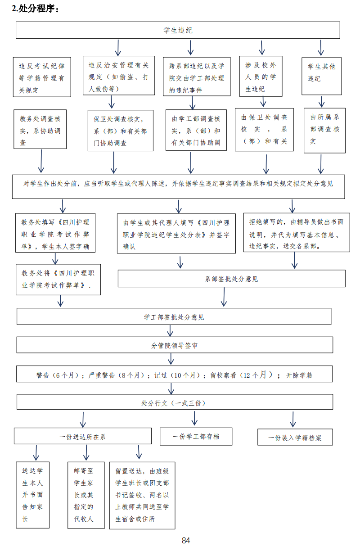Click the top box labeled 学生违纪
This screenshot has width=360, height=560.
coord(178,31)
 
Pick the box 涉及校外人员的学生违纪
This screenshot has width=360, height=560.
coord(261,77)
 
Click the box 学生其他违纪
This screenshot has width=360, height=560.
coord(321,72)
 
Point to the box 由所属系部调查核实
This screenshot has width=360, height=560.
coord(324,129)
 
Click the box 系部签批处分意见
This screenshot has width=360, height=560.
coord(231,279)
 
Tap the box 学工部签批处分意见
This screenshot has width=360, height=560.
coord(174,317)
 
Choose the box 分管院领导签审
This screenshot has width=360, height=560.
coord(175,345)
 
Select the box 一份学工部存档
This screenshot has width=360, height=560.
coord(196,436)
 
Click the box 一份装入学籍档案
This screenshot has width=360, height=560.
coord(295,438)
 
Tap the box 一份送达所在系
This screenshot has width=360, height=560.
coord(83,436)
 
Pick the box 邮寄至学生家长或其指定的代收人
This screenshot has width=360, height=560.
coord(85,495)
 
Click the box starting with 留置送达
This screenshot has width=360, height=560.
coord(142,495)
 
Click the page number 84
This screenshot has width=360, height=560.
coord(186,541)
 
